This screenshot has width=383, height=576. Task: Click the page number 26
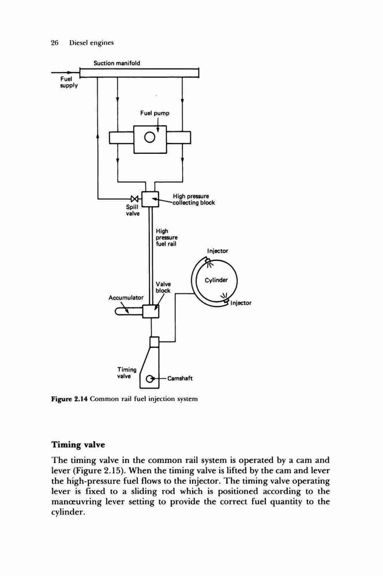(55, 43)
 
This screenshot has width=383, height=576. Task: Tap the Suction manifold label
(117, 63)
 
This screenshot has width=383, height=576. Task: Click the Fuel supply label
(69, 82)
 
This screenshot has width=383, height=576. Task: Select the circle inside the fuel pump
(150, 138)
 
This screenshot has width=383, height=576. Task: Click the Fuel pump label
(155, 113)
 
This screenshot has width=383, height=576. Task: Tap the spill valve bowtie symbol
(135, 199)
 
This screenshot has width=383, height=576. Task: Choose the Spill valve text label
(133, 210)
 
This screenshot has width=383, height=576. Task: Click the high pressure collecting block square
(150, 199)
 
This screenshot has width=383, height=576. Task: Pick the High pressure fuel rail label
(167, 237)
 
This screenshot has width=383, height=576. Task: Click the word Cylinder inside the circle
(216, 281)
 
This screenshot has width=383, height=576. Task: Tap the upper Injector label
(217, 251)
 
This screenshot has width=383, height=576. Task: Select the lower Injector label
(241, 303)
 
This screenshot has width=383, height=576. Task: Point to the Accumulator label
(126, 298)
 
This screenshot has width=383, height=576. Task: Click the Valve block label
(163, 287)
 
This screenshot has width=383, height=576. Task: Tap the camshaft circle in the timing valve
(149, 379)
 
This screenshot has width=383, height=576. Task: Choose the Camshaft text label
(180, 379)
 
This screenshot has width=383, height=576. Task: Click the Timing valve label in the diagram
(127, 373)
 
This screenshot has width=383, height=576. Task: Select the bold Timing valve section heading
(78, 445)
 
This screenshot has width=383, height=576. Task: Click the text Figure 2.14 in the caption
(69, 399)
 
